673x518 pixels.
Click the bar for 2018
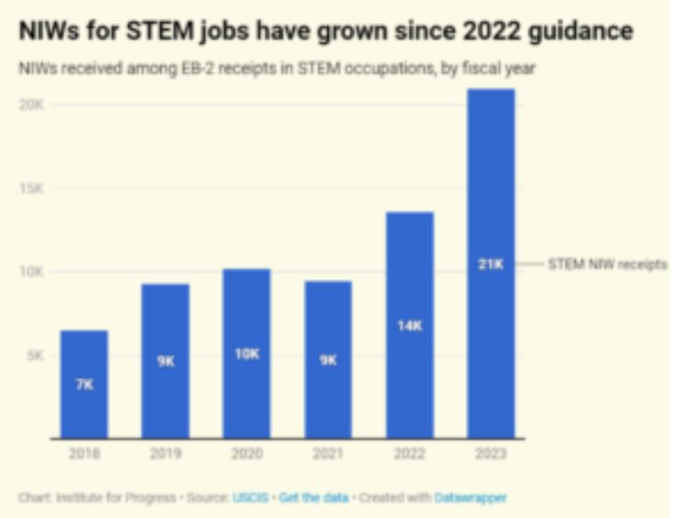84,384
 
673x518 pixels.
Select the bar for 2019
165,362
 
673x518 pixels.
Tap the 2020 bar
246,353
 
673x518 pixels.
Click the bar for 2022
409,325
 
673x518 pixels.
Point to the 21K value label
491,264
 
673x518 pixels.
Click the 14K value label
409,325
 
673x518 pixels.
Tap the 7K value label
84,385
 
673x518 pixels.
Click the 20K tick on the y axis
33,104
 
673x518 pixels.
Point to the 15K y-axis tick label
33,189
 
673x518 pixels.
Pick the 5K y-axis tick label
36,355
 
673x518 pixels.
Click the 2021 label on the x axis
328,453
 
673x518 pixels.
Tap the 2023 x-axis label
491,453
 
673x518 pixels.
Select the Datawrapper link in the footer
471,498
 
